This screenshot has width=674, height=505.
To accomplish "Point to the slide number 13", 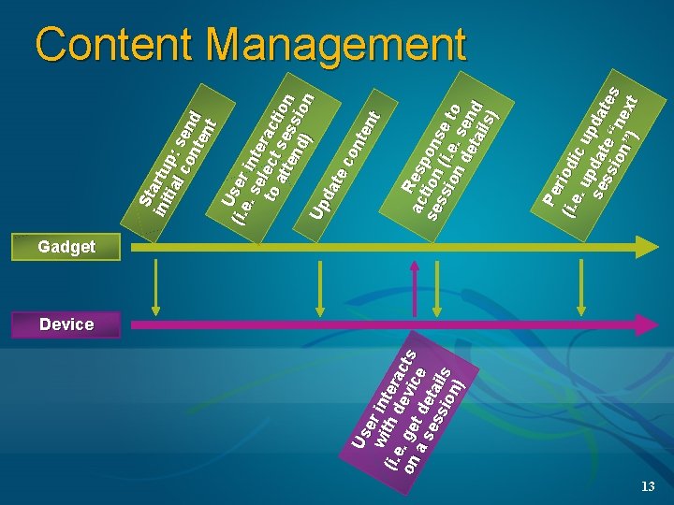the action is pyautogui.click(x=648, y=487).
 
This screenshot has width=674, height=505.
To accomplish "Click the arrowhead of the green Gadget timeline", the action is pyautogui.click(x=647, y=247).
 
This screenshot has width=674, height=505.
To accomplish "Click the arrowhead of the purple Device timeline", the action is pyautogui.click(x=647, y=325).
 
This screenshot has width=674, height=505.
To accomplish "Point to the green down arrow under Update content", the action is pyautogui.click(x=321, y=289).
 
